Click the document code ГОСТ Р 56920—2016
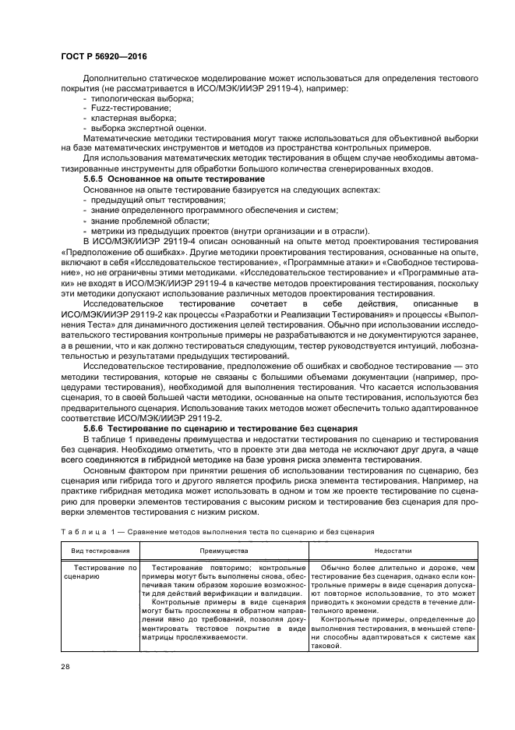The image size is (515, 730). [x=104, y=58]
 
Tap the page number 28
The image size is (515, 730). [x=65, y=666]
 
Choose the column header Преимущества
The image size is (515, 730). [x=224, y=550]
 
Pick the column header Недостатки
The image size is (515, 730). [x=392, y=550]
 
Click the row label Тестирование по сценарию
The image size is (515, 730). [x=101, y=573]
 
